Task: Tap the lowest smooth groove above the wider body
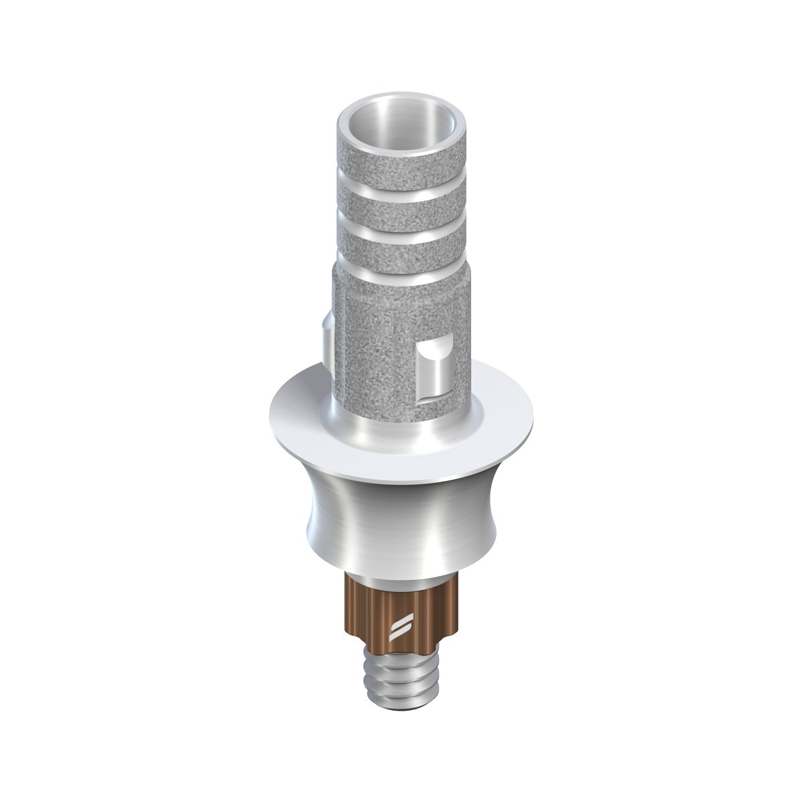tap(400, 274)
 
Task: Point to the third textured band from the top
tap(400, 252)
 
